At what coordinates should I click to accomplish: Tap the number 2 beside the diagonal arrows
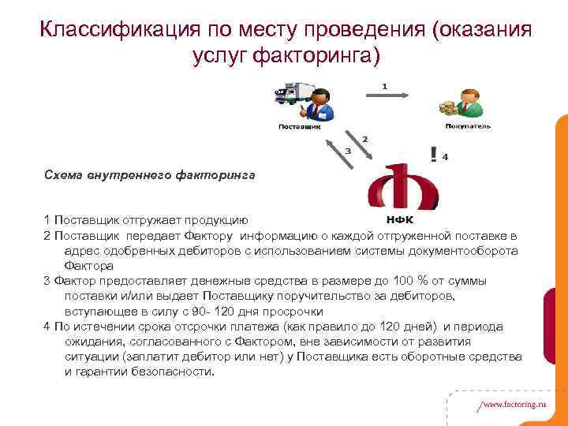(x=364, y=139)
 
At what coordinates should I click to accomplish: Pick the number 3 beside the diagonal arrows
(x=347, y=150)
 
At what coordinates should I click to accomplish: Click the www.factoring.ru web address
(x=513, y=403)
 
